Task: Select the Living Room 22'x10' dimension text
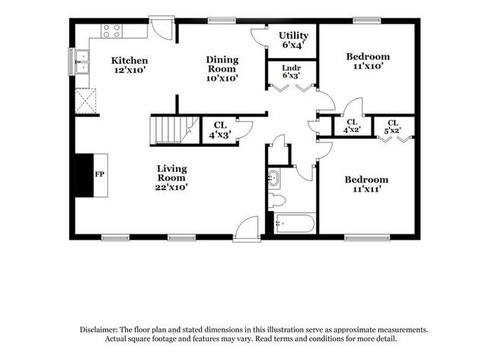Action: [172, 187]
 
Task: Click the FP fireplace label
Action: [100, 174]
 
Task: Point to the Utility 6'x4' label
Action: [293, 40]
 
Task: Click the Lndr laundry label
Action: [291, 68]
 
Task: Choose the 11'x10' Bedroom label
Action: [368, 61]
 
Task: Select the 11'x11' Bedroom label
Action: [366, 184]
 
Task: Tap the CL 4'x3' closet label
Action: [220, 130]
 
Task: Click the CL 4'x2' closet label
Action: [352, 126]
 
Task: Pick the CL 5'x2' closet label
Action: [393, 126]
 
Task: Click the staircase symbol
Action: [174, 130]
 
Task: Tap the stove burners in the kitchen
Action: [112, 31]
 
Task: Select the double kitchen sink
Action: [82, 62]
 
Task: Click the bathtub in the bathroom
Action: [294, 224]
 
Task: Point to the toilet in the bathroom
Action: [277, 201]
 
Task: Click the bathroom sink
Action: [273, 179]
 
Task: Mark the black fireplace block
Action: [85, 175]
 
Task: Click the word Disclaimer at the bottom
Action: [98, 330]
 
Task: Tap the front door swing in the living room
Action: [247, 228]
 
